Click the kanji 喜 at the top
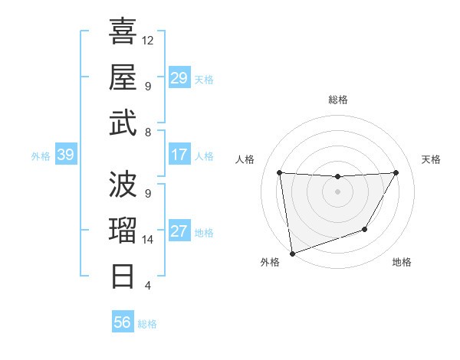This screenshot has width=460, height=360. pos(123,31)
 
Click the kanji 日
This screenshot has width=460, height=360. pos(123,275)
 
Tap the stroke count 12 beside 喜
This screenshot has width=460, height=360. pos(149,40)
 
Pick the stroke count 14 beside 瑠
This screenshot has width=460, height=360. pos(149,240)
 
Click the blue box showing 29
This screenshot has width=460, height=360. pos(179,78)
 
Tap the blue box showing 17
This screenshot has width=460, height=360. pos(179,155)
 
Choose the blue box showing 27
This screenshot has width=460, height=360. pos(179,232)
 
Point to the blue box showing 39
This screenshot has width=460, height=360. pos(65,155)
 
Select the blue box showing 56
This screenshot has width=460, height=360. pos(122,322)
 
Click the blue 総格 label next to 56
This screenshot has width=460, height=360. pos(147,324)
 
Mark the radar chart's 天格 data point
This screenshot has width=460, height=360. pos(396,172)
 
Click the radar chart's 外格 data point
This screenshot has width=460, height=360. pos(291,252)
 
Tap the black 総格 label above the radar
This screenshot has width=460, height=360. pos(338,100)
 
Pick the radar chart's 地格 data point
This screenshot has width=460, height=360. pos(365,229)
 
